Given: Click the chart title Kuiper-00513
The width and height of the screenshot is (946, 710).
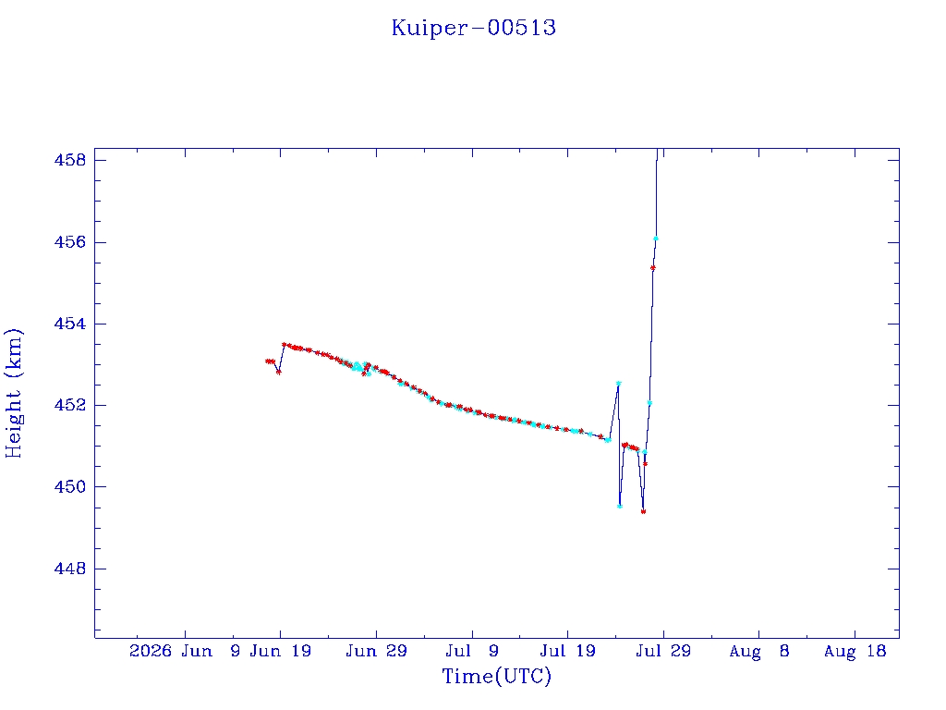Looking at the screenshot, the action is pyautogui.click(x=474, y=28).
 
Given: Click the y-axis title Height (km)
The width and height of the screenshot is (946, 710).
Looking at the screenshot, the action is pyautogui.click(x=13, y=393).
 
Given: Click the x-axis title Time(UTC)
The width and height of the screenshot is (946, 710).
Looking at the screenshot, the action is pyautogui.click(x=496, y=676).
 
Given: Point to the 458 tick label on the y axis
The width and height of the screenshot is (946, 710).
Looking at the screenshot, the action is pyautogui.click(x=70, y=160).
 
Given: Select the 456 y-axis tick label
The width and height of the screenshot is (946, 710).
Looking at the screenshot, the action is pyautogui.click(x=70, y=242).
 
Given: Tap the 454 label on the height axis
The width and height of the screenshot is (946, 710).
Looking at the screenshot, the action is pyautogui.click(x=70, y=324).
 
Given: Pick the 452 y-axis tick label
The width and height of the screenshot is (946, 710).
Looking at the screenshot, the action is pyautogui.click(x=70, y=405).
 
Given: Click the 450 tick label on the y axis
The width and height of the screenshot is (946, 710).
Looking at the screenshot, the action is pyautogui.click(x=70, y=486).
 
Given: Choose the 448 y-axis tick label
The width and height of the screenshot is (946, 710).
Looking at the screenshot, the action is pyautogui.click(x=70, y=569).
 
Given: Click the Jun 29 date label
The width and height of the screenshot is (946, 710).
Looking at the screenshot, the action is pyautogui.click(x=377, y=651).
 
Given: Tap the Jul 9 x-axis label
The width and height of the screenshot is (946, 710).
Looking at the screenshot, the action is pyautogui.click(x=472, y=651).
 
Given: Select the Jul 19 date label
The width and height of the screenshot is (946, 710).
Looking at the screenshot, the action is pyautogui.click(x=568, y=651).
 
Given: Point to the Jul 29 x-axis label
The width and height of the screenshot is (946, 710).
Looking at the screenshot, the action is pyautogui.click(x=663, y=651).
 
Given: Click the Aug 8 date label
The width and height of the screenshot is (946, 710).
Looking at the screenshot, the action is pyautogui.click(x=759, y=651).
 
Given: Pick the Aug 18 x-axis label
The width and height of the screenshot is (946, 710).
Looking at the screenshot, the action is pyautogui.click(x=855, y=651).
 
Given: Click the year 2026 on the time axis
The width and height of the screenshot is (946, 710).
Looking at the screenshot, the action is pyautogui.click(x=151, y=651).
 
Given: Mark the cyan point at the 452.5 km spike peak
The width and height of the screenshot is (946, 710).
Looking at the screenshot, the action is pyautogui.click(x=618, y=384).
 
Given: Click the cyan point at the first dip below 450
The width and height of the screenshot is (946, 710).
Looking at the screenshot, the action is pyautogui.click(x=620, y=506).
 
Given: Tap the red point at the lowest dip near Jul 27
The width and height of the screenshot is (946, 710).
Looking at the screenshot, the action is pyautogui.click(x=643, y=511).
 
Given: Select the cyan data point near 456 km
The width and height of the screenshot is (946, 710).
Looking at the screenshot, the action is pyautogui.click(x=656, y=239).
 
